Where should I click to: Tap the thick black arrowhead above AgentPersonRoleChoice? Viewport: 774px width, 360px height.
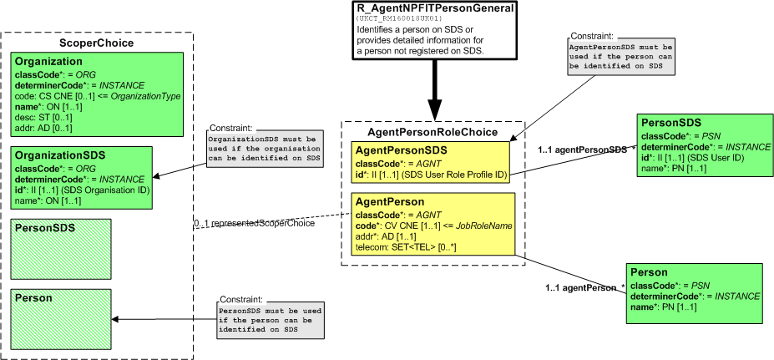pyautogui.click(x=435, y=108)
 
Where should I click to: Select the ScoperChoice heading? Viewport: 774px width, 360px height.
pyautogui.click(x=96, y=43)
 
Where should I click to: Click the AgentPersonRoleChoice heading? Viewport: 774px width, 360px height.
pyautogui.click(x=433, y=132)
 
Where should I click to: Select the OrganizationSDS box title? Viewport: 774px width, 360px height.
pyautogui.click(x=60, y=155)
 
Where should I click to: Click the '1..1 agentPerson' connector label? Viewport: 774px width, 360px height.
pyautogui.click(x=580, y=286)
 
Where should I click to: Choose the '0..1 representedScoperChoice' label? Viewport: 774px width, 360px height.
pyautogui.click(x=254, y=223)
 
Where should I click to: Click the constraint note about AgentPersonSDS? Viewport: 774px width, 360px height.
pyautogui.click(x=621, y=58)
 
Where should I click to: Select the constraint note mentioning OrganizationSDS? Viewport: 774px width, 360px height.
pyautogui.click(x=264, y=149)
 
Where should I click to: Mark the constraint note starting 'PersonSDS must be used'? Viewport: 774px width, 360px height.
pyautogui.click(x=271, y=320)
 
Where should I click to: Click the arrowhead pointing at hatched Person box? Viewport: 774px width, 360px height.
pyautogui.click(x=117, y=319)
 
